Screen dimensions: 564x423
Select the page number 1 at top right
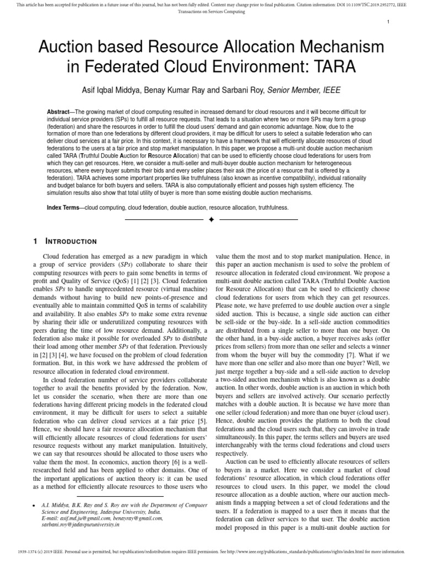click(388, 21)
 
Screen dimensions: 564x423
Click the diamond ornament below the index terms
click(211, 220)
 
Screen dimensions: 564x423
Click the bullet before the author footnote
click(35, 505)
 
